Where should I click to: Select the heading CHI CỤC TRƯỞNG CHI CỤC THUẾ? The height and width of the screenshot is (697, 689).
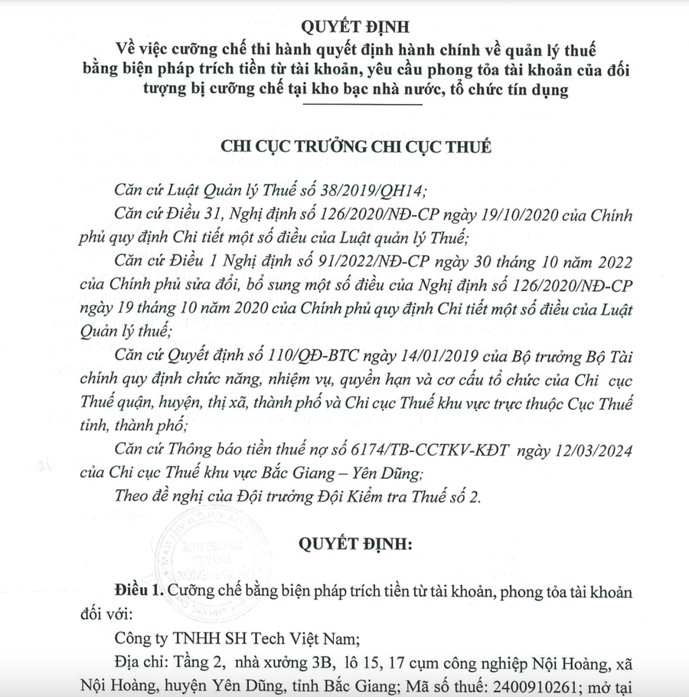point(355,146)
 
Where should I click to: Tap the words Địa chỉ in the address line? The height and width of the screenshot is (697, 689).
point(137,660)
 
